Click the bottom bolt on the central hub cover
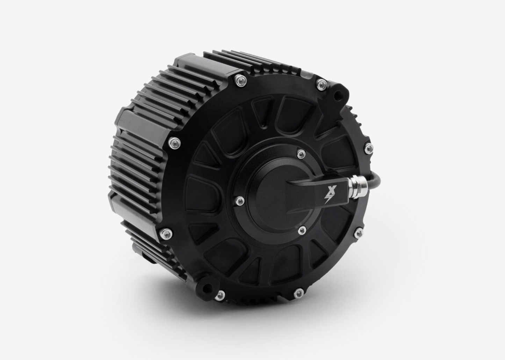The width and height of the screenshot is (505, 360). pos(302,230)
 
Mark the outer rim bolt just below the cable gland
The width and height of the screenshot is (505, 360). pos(359,232)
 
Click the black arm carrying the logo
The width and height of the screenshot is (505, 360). pos(308,196)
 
